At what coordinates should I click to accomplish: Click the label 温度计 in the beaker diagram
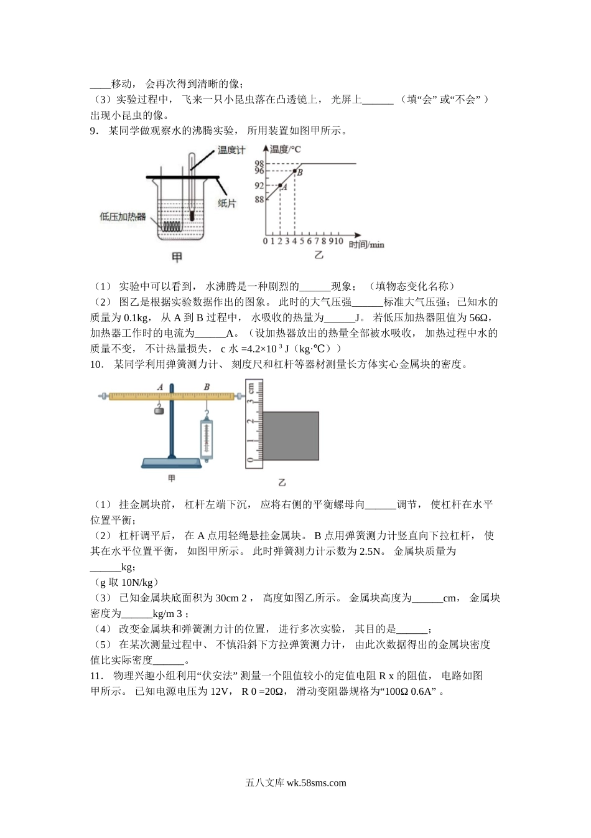(x=231, y=151)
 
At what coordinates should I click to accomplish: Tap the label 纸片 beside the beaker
(x=226, y=204)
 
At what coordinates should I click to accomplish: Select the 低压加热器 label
(x=123, y=217)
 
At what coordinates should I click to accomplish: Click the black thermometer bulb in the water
(x=192, y=216)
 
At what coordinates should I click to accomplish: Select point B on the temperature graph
(x=294, y=171)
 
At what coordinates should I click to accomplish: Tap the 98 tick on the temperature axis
(x=259, y=163)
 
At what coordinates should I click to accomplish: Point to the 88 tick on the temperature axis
(x=259, y=199)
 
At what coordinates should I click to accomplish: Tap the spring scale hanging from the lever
(x=206, y=439)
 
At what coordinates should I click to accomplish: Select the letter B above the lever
(x=207, y=387)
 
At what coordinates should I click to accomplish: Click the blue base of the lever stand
(x=172, y=463)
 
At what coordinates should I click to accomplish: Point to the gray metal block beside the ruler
(x=291, y=436)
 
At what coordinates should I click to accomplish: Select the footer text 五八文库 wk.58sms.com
(x=295, y=783)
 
